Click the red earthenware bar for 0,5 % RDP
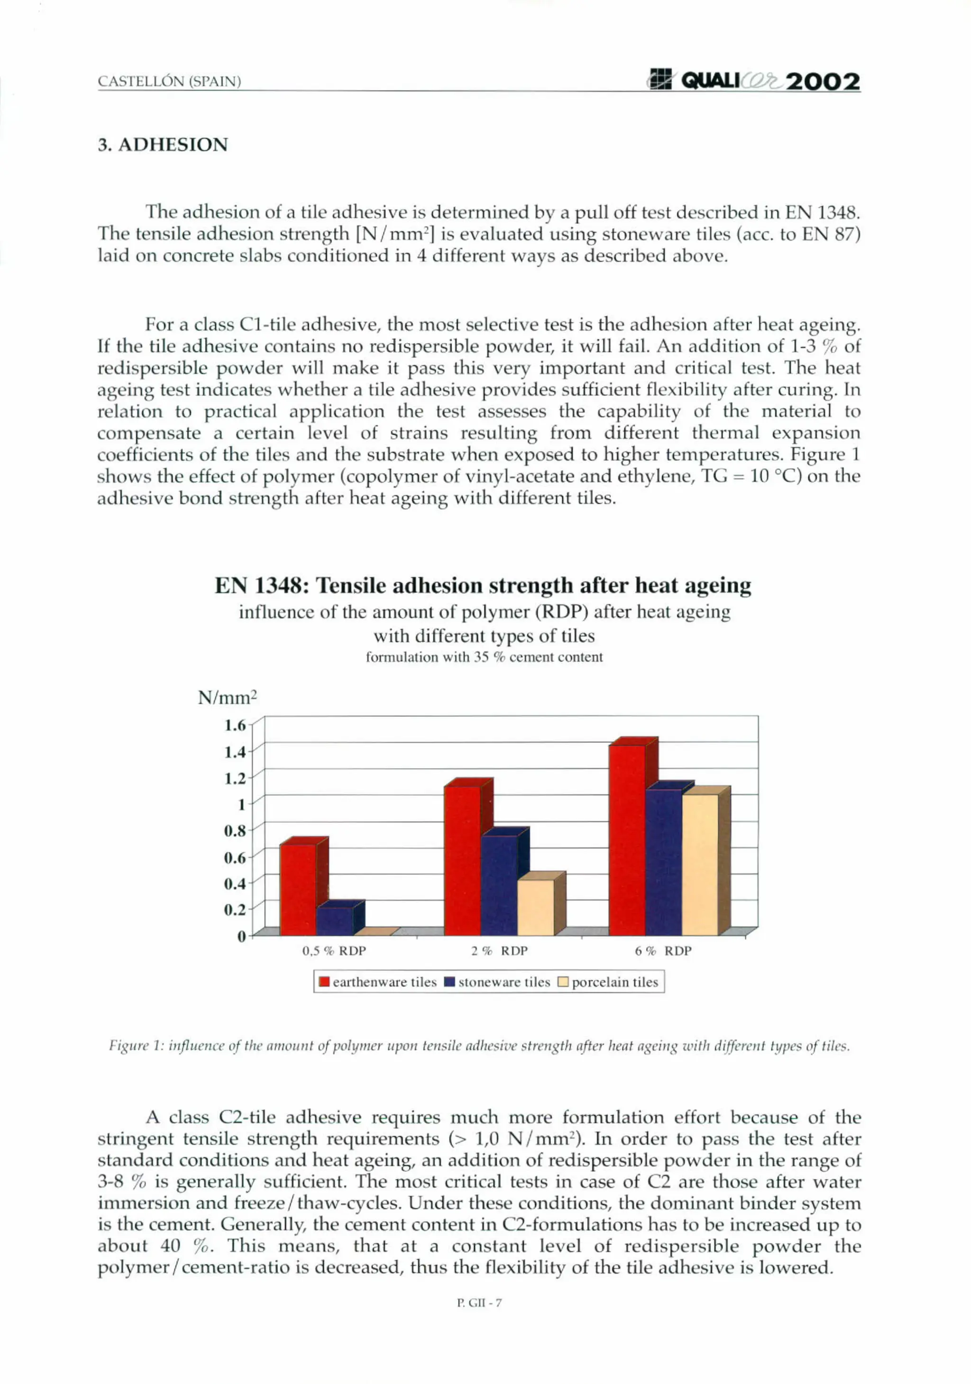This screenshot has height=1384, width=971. click(297, 889)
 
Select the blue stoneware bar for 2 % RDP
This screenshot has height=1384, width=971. click(499, 885)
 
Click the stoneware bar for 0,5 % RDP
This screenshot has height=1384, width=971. click(334, 921)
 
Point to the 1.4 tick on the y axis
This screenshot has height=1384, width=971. click(235, 752)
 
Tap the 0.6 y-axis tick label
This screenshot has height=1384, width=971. click(235, 857)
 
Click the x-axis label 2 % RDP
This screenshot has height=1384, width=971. click(499, 951)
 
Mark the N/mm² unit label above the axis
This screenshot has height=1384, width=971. click(228, 698)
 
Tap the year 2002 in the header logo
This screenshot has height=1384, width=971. click(823, 82)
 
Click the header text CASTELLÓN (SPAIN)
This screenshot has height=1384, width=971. click(169, 82)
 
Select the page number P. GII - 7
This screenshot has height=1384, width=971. click(479, 1302)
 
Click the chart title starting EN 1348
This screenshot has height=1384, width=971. click(483, 585)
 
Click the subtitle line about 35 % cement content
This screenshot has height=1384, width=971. click(484, 657)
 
